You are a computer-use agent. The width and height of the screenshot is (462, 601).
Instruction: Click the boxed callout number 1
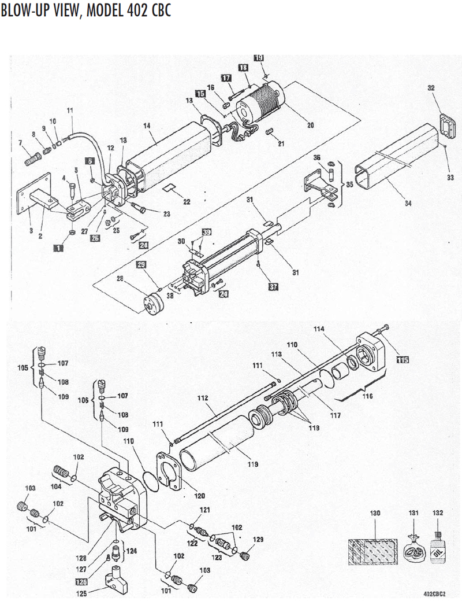coord(59,248)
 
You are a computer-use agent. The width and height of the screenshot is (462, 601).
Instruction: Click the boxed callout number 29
coord(141,264)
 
